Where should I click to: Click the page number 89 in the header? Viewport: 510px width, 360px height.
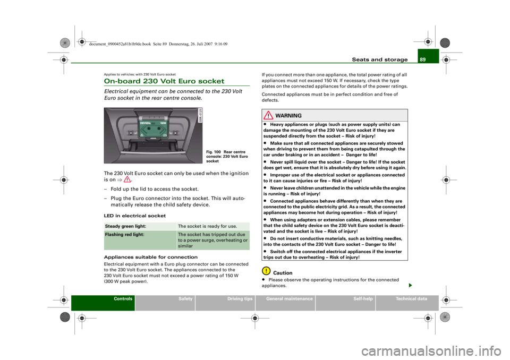(x=422, y=59)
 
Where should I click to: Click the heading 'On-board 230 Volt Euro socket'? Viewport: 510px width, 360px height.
(x=164, y=81)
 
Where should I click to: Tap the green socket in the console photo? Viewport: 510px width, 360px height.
(x=153, y=129)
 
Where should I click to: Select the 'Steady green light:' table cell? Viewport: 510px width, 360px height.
(x=140, y=226)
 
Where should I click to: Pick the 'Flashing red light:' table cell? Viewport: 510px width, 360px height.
(x=140, y=240)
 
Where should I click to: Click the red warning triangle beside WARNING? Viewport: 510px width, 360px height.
(x=268, y=115)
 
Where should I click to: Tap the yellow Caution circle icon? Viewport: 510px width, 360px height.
(x=266, y=271)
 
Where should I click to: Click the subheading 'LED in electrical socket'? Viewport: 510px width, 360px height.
(x=134, y=216)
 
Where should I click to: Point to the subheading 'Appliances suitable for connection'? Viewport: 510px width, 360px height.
(x=150, y=257)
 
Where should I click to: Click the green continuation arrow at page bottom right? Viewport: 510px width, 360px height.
(x=411, y=286)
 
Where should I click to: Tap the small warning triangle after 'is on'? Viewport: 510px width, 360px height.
(x=127, y=179)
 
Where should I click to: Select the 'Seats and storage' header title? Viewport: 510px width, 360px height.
(x=379, y=59)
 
